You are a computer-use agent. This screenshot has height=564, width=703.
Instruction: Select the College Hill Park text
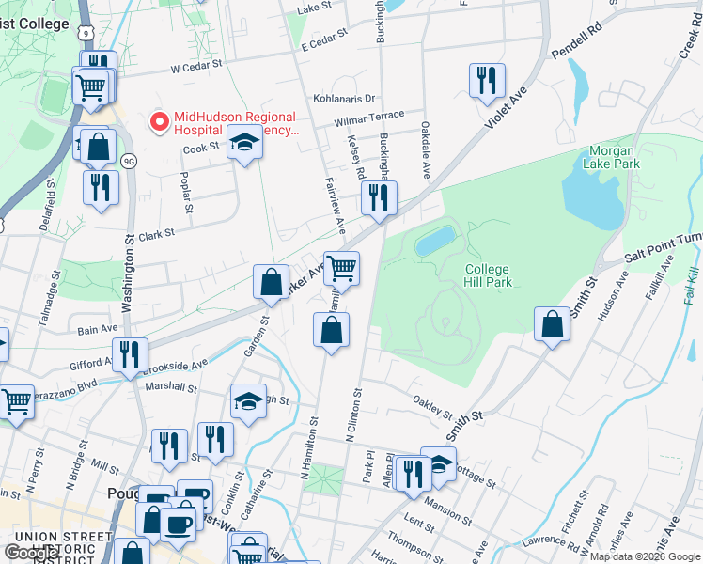(488, 275)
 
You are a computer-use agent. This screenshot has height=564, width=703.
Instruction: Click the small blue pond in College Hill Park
(435, 241)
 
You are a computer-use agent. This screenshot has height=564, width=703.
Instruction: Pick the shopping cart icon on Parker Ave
(342, 269)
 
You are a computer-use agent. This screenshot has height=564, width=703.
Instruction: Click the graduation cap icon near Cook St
(245, 142)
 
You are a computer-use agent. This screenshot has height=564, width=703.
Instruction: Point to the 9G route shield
(129, 160)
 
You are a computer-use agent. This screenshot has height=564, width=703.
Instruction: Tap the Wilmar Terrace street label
(369, 119)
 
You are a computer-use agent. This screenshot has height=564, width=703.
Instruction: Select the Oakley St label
(433, 407)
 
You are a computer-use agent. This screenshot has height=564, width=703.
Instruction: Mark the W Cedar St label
(195, 67)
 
